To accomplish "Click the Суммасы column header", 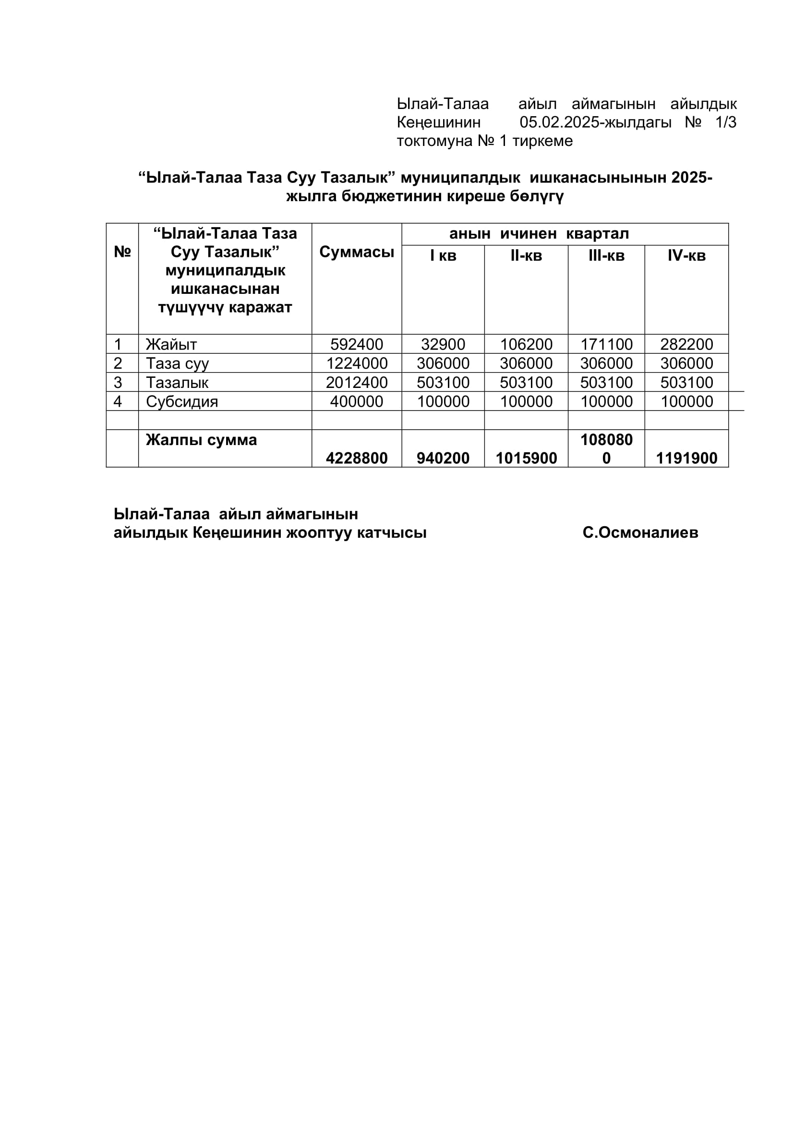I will pos(356,252).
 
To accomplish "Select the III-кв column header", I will pos(606,255).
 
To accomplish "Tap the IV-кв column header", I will pos(686,255).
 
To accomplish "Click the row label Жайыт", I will pos(171,344).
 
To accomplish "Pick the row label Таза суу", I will pos(177,363).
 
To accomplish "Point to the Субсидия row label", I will pos(182,401).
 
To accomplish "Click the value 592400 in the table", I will pos(356,344).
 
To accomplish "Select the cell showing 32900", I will pos(443,344).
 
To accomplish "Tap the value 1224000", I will pos(356,363).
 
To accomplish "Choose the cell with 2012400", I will pos(356,383).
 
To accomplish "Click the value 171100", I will pos(606,344).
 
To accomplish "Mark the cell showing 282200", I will pos(686,344).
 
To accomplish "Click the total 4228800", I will pos(356,459).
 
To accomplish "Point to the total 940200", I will pos(443,459).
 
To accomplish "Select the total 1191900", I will pos(686,459).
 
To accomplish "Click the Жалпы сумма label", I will pos(201,440).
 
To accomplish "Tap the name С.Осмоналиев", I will pos(640,532).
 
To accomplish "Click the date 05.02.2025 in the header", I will pos(559,122).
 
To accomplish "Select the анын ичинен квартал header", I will pos(539,234).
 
